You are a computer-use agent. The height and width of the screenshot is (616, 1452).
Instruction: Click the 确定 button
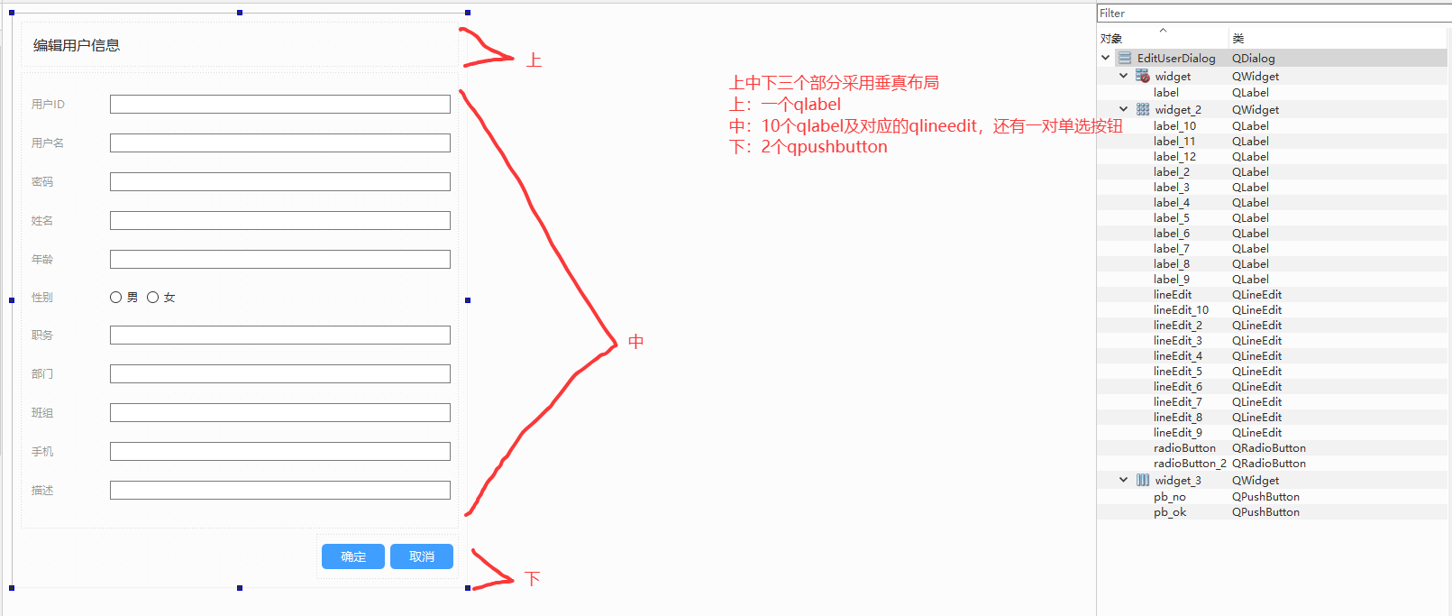(353, 556)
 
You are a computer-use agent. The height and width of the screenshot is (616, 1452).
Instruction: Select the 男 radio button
(116, 298)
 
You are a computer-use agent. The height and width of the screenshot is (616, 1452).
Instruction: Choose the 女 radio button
(153, 298)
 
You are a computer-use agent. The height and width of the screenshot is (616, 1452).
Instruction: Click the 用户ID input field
(279, 105)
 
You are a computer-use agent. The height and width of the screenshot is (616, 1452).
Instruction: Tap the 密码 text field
(279, 182)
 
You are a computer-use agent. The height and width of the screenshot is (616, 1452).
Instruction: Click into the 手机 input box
(279, 452)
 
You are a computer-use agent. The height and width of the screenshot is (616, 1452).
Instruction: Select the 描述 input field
(279, 491)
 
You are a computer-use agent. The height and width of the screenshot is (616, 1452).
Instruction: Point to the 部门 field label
(42, 374)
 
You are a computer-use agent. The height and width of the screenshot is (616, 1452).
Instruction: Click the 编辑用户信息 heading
(77, 46)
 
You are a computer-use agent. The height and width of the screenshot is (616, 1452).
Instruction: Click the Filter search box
(1271, 14)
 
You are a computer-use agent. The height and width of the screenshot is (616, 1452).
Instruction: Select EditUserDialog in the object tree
(1175, 59)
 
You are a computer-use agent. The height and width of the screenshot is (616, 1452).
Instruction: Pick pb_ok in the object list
(1170, 512)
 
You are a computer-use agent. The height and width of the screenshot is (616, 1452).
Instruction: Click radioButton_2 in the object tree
(1190, 464)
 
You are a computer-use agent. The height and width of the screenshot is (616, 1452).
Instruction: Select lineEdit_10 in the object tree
(1181, 310)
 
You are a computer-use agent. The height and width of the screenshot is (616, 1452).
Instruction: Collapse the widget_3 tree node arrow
(1123, 481)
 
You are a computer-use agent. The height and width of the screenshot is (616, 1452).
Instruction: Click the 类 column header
(1238, 39)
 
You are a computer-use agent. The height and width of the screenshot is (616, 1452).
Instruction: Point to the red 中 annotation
(636, 342)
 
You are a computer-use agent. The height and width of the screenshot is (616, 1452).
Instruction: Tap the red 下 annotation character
(533, 579)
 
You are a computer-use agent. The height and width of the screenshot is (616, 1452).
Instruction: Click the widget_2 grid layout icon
(1143, 110)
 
